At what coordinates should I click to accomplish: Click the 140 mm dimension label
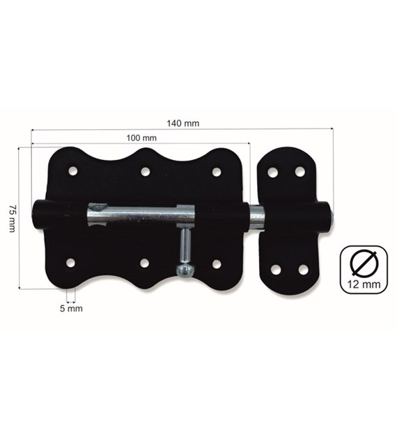click(x=184, y=123)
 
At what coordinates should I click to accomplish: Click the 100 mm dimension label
click(x=141, y=138)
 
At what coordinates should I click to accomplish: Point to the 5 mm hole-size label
click(x=72, y=308)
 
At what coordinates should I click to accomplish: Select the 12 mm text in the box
click(x=363, y=285)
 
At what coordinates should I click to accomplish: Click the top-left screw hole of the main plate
click(x=73, y=170)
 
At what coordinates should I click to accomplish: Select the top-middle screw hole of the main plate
click(x=145, y=171)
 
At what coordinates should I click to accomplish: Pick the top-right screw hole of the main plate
click(x=217, y=172)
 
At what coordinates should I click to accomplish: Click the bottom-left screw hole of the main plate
click(x=71, y=262)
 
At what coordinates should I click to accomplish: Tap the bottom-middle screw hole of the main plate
click(x=144, y=263)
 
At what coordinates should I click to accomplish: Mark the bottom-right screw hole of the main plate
click(x=217, y=263)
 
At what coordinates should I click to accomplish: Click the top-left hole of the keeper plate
click(x=273, y=172)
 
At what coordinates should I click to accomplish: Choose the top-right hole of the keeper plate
click(x=301, y=171)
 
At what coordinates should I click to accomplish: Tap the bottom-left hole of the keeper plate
click(x=276, y=268)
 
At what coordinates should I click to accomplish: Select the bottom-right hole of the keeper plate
click(x=303, y=268)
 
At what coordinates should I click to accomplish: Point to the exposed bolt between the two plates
click(x=256, y=219)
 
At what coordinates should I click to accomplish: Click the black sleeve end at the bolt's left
click(x=42, y=212)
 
